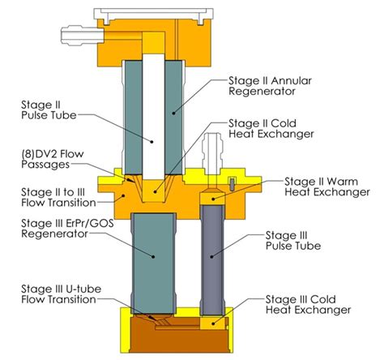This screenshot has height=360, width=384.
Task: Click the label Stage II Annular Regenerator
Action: [270, 86]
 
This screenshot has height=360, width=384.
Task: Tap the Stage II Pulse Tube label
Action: [49, 110]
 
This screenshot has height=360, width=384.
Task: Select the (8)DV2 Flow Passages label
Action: [53, 159]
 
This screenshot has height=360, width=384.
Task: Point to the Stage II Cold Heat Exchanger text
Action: [271, 129]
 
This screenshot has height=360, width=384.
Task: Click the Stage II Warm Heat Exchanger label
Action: [327, 186]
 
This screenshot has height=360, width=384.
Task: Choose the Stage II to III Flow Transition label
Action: [58, 198]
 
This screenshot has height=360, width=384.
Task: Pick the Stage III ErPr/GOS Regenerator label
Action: [67, 229]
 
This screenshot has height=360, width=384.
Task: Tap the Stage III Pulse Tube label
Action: [293, 241]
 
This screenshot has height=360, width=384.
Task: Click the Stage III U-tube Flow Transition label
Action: [62, 294]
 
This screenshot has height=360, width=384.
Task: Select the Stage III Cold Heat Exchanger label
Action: [308, 305]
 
